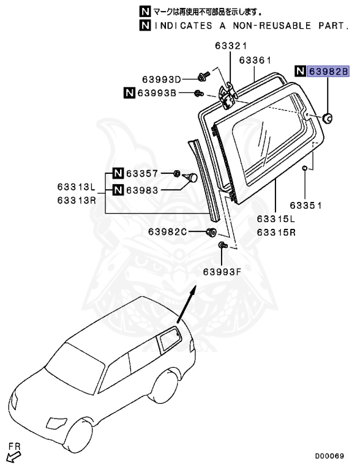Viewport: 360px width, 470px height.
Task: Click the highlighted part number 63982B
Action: [328, 72]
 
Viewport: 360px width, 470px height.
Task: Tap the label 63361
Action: [254, 60]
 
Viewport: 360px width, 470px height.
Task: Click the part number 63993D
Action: [162, 80]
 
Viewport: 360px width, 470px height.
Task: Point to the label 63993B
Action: [156, 93]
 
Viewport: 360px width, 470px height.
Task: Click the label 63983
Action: [142, 190]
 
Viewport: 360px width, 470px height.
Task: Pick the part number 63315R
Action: [276, 232]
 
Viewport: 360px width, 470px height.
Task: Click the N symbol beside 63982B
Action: [301, 72]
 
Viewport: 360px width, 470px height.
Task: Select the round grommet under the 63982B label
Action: [328, 117]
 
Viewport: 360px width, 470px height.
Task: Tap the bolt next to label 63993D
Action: [203, 76]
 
